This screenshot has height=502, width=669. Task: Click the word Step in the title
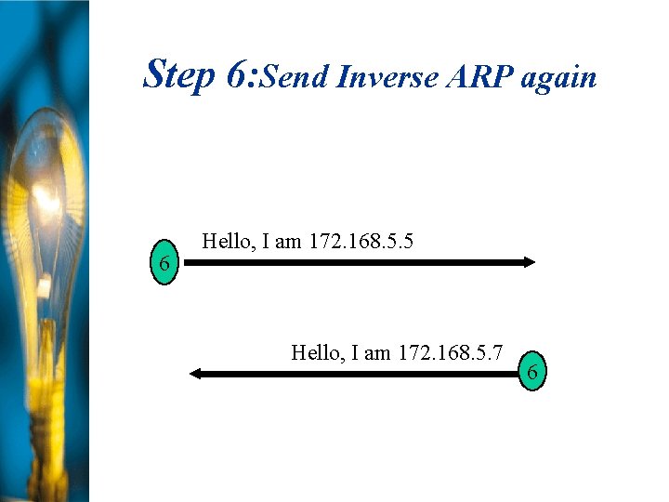click(x=178, y=73)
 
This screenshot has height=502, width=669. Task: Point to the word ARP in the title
click(x=479, y=77)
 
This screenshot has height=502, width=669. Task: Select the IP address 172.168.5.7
click(x=450, y=352)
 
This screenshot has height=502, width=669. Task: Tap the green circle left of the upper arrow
click(x=164, y=264)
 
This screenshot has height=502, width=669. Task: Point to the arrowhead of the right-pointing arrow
click(x=529, y=262)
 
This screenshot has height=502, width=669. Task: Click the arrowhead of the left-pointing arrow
click(x=196, y=374)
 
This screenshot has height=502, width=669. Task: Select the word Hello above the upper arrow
click(x=228, y=242)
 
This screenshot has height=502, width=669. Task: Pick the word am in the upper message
click(x=289, y=243)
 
